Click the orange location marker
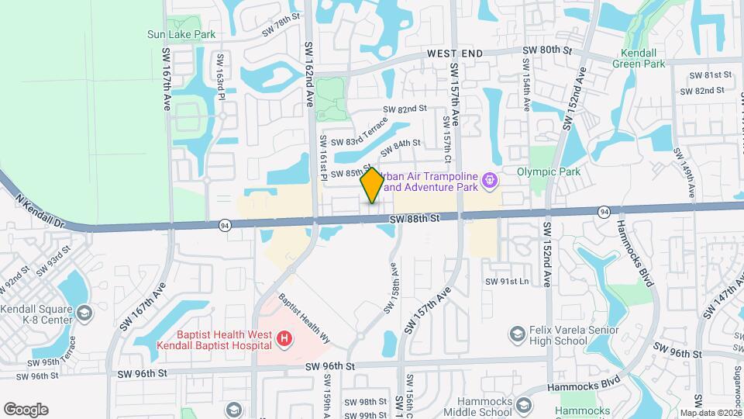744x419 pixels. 372,185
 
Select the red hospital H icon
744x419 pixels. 285,338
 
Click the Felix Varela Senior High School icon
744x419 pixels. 517,334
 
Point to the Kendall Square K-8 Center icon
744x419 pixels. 84,313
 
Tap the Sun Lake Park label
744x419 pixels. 181,34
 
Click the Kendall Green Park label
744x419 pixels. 643,58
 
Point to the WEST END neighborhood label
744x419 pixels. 455,53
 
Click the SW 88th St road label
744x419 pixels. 414,219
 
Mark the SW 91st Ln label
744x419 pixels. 507,281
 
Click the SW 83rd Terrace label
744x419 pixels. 359,132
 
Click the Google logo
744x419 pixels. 26,410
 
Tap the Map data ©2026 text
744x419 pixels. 711,414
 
